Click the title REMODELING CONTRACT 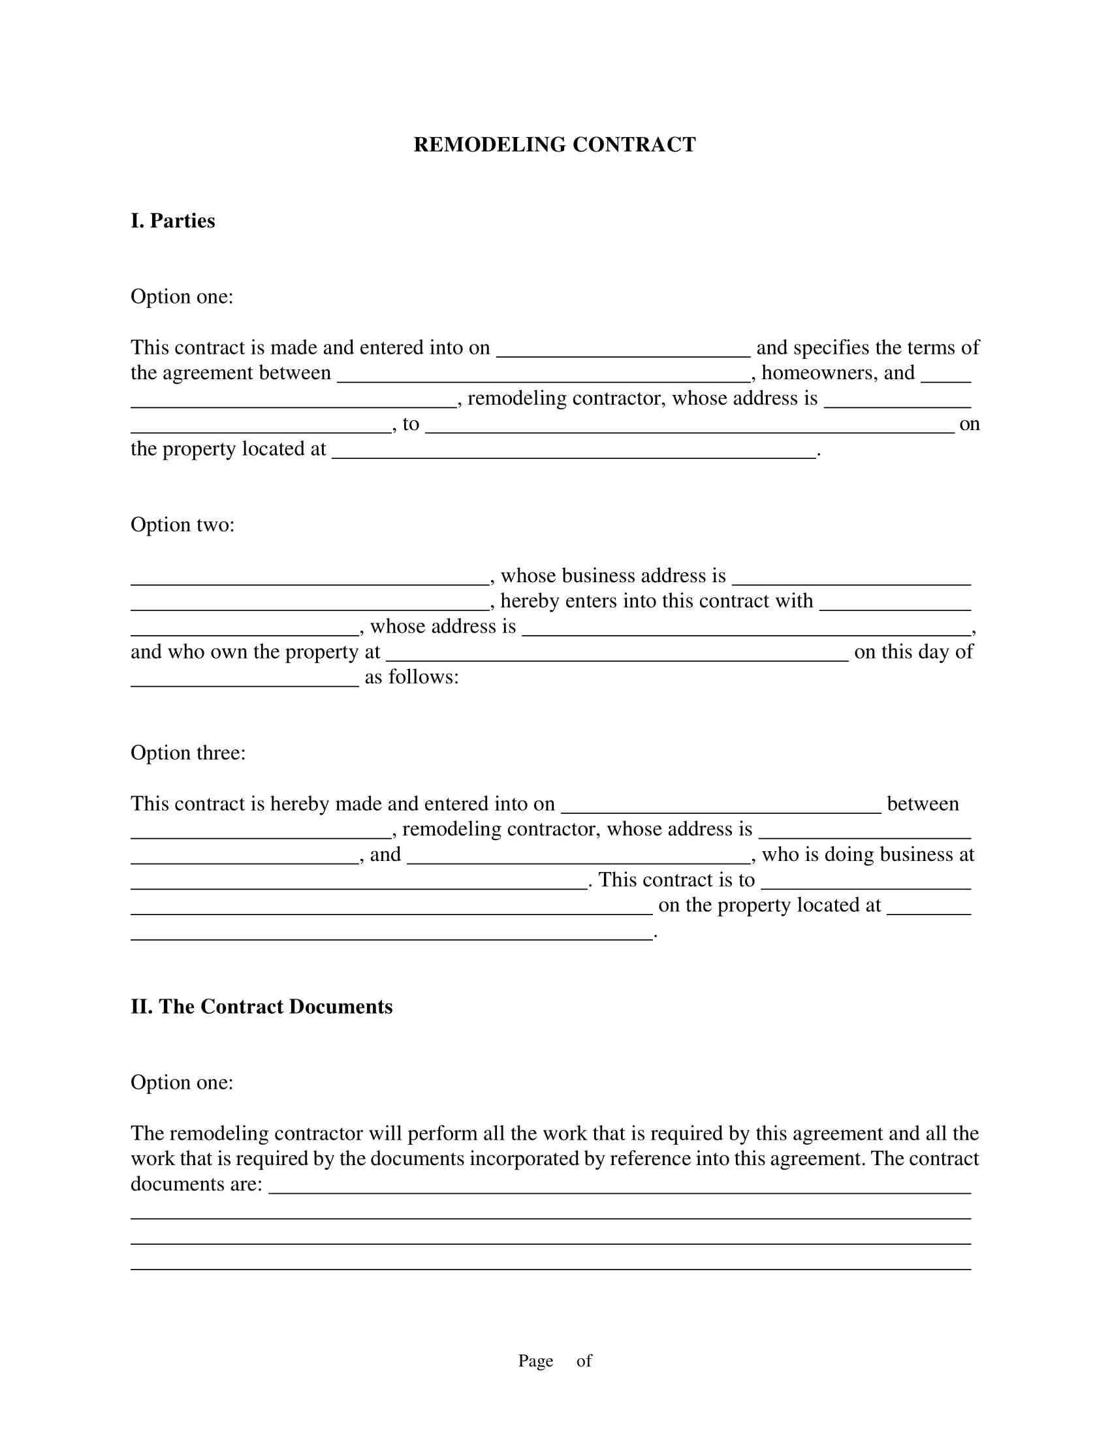[x=554, y=145]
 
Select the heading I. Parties [x=172, y=221]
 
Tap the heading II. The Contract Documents [x=261, y=1007]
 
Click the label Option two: [x=182, y=525]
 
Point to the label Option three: [x=187, y=753]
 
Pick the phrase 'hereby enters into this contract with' [x=656, y=601]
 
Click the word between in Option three [x=922, y=804]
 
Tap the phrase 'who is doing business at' [x=867, y=854]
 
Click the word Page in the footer [x=535, y=1360]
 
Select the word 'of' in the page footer [x=584, y=1360]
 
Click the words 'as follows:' [x=411, y=678]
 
